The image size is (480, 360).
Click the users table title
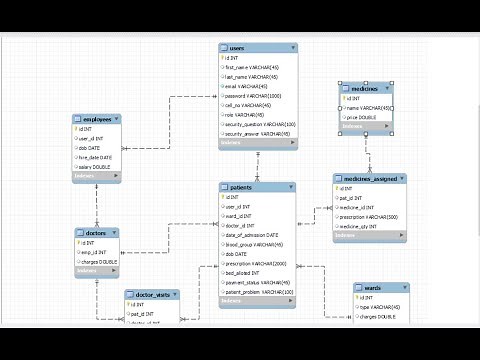238,48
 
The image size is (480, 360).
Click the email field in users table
248,86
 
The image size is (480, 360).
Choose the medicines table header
359,90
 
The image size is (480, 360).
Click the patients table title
241,188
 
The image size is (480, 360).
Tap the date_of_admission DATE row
262,235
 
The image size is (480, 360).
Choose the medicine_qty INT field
363,226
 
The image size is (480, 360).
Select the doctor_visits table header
153,295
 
